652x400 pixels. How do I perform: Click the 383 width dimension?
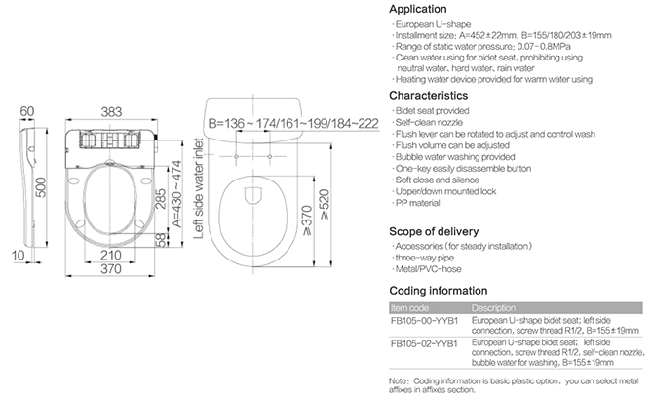111,112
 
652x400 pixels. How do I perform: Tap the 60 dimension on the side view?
27,111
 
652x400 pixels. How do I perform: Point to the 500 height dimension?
41,187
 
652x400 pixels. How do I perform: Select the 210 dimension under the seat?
111,255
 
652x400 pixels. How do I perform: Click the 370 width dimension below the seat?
111,269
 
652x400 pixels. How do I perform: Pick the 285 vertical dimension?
161,199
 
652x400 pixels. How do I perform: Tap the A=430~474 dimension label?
176,194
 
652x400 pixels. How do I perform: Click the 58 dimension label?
161,240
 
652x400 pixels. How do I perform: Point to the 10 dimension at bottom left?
18,256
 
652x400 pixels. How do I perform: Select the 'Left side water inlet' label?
199,188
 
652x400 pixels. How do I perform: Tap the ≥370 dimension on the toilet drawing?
307,220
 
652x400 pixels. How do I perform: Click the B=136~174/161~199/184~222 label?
293,123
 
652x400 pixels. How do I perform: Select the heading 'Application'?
418,9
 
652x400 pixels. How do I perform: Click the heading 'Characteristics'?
428,96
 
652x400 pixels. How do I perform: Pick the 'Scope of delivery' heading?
434,231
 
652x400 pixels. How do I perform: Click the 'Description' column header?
493,308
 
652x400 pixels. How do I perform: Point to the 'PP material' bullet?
417,203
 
